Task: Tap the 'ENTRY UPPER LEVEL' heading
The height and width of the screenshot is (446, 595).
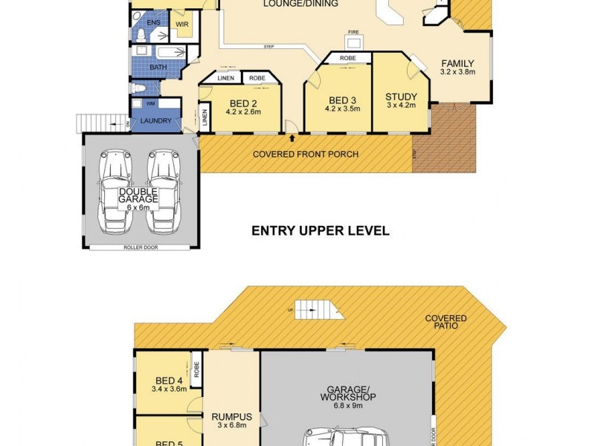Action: click(x=320, y=230)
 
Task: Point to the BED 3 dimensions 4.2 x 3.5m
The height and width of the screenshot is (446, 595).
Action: click(x=342, y=109)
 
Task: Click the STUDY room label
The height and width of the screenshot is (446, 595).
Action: click(x=400, y=97)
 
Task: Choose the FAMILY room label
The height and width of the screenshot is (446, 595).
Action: click(x=457, y=63)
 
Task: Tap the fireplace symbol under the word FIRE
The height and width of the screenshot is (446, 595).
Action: click(x=355, y=42)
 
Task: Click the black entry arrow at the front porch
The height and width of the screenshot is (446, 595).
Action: click(x=292, y=138)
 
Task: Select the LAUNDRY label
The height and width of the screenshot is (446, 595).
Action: click(x=156, y=120)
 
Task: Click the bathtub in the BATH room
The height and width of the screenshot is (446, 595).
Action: click(x=167, y=52)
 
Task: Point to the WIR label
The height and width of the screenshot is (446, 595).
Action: click(x=181, y=24)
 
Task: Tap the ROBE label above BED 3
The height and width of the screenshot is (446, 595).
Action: click(x=347, y=57)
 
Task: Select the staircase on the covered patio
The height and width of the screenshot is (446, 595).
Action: click(x=312, y=309)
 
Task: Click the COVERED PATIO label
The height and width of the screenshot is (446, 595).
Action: click(x=446, y=322)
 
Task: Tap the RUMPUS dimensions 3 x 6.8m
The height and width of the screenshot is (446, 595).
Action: click(x=232, y=426)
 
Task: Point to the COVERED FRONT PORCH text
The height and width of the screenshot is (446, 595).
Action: click(x=306, y=154)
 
